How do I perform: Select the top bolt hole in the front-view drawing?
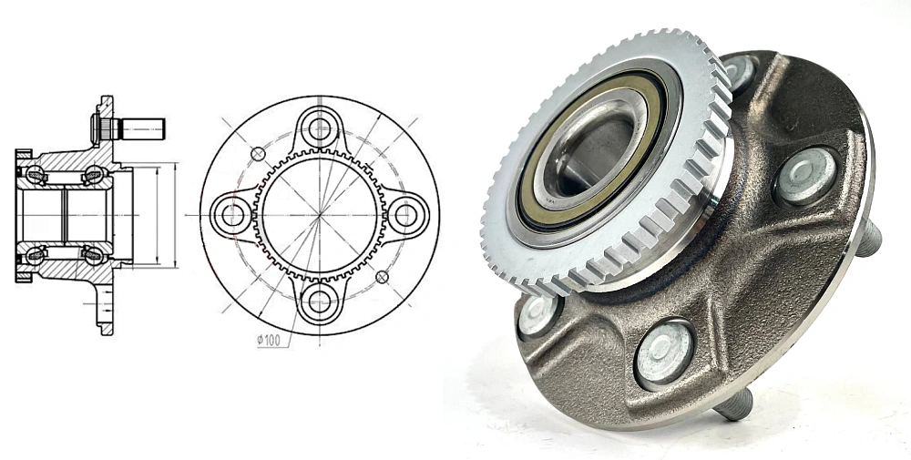coord(319,128)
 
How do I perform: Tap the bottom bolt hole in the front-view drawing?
coord(319,301)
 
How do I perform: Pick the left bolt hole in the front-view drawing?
coord(232,215)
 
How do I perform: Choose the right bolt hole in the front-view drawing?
coord(405,215)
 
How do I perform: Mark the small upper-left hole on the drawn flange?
coord(258,153)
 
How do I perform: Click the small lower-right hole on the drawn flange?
coord(382,276)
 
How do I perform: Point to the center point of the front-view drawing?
coord(319,215)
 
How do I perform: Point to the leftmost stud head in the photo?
coord(537,312)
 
